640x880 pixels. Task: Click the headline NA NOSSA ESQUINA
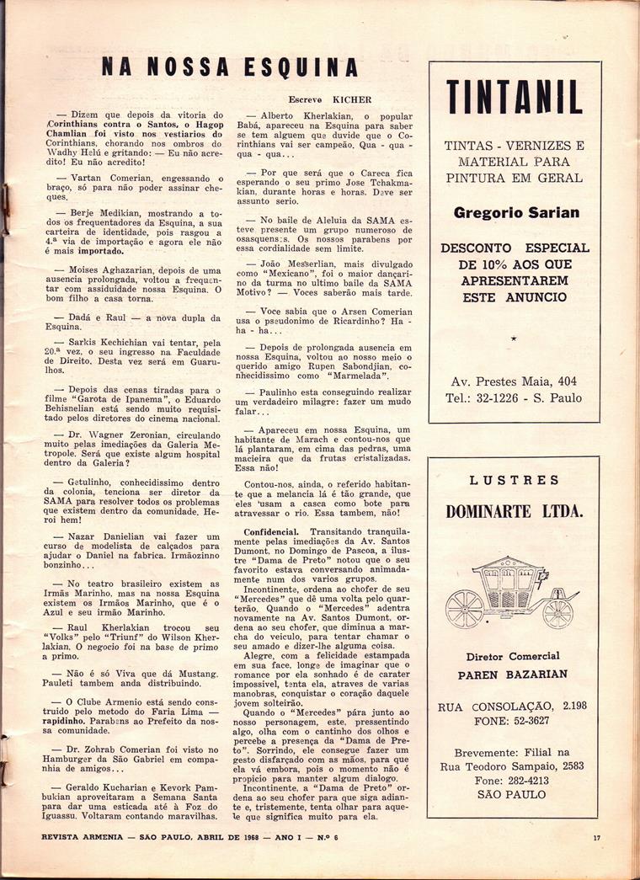(x=229, y=67)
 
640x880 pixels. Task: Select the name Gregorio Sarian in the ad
(x=516, y=213)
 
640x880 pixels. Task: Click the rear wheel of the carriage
(x=464, y=608)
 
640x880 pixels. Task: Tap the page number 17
(x=595, y=836)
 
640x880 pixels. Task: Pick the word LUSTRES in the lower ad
(x=514, y=480)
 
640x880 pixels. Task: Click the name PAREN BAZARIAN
(x=513, y=675)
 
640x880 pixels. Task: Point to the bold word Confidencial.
(x=270, y=532)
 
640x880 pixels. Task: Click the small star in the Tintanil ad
(x=514, y=338)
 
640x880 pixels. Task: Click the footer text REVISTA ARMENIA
(x=80, y=836)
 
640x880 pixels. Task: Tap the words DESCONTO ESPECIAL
(x=515, y=248)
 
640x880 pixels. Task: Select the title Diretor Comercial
(x=513, y=657)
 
